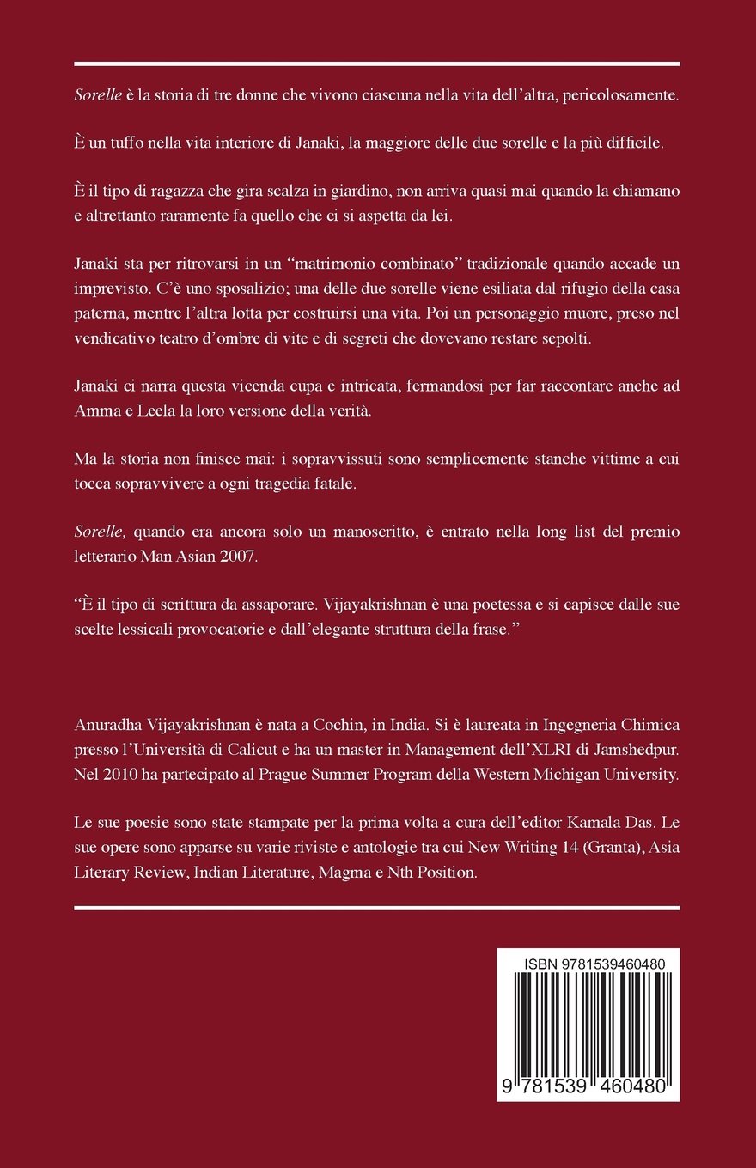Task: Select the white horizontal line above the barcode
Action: click(377, 907)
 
